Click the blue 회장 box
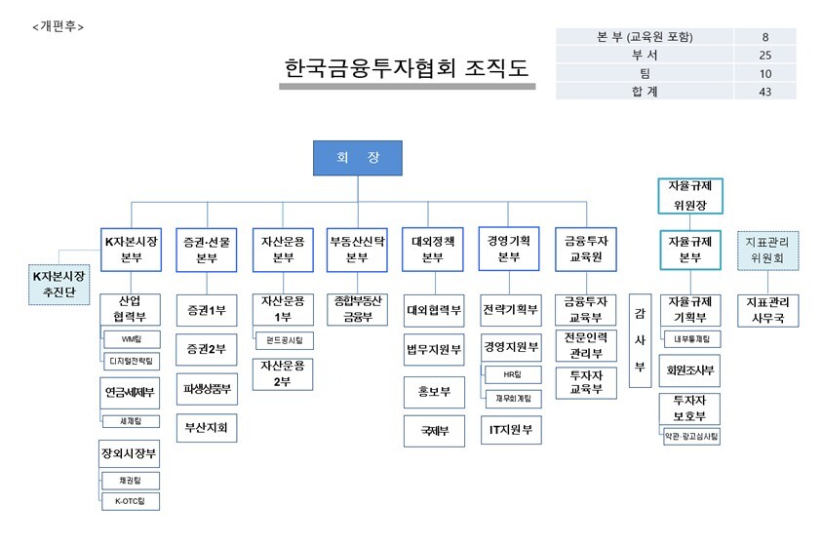[357, 158]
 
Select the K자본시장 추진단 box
[59, 284]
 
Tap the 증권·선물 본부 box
[206, 250]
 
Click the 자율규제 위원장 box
[690, 194]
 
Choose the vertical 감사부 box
[640, 340]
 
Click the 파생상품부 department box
[206, 389]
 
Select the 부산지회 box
[206, 426]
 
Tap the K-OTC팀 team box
[131, 501]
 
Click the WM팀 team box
[131, 339]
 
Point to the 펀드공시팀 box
[283, 340]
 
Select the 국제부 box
[433, 429]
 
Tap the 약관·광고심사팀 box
[691, 438]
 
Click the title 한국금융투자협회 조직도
[407, 68]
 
